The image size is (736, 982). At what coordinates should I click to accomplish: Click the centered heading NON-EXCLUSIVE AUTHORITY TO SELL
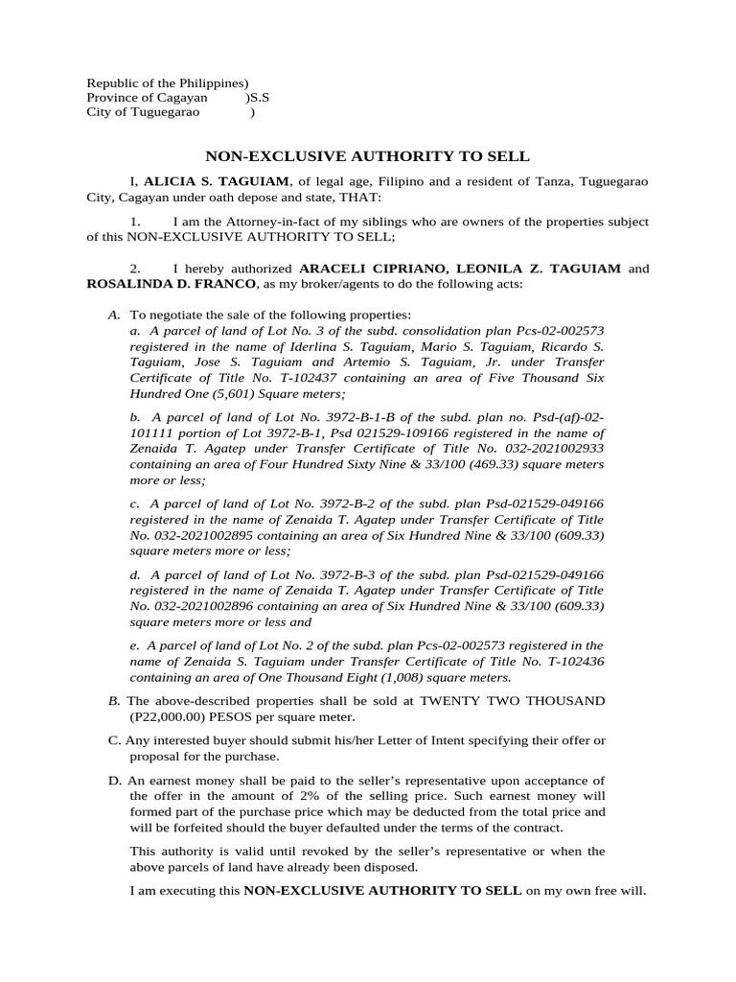(x=368, y=155)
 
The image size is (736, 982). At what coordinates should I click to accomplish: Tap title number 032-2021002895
(x=206, y=535)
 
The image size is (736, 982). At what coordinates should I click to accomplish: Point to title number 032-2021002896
(x=206, y=606)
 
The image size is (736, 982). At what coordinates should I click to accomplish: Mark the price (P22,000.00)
(x=172, y=716)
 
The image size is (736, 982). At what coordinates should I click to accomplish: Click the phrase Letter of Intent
(x=395, y=740)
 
